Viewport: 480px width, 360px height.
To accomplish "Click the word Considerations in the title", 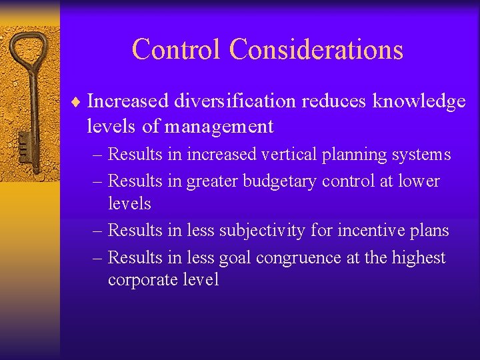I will pos(316,49).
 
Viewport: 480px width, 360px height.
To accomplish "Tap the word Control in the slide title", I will pos(177,49).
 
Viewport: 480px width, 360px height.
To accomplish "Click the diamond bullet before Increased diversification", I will pos(78,101).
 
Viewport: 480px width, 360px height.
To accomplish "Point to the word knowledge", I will pos(419,101).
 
